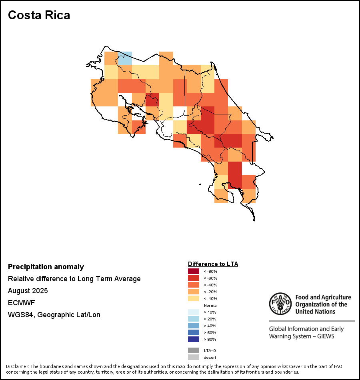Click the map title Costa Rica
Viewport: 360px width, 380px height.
coord(39,15)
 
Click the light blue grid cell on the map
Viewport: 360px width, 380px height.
coord(125,58)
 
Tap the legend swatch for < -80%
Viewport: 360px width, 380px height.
coord(194,271)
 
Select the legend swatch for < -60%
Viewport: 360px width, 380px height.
coord(194,278)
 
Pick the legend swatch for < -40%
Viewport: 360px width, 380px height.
coord(194,285)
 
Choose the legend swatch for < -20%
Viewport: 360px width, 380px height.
coord(194,292)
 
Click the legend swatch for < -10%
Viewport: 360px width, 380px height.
coord(194,298)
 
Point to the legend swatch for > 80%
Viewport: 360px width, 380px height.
coord(194,339)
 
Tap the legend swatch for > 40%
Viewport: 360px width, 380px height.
coord(194,326)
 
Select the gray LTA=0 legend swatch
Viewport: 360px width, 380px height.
coord(194,350)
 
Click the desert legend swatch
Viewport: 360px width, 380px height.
coord(194,357)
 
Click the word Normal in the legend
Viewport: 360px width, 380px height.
coord(210,305)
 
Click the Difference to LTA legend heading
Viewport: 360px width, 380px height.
coord(213,264)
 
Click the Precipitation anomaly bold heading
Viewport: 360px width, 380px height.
coord(46,267)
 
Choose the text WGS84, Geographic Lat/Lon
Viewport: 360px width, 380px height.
coord(54,315)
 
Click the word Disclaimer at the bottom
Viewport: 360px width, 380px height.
coord(17,366)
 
